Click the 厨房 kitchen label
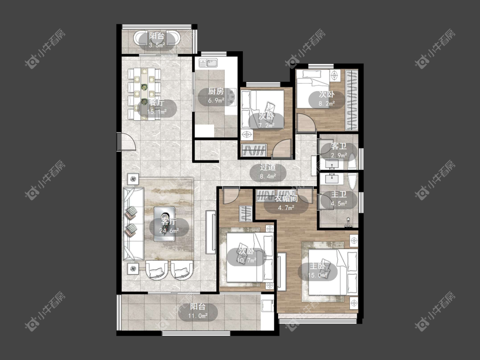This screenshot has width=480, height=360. coord(216,96)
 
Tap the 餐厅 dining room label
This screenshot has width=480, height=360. coord(157,107)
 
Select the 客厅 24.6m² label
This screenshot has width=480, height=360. coord(169,226)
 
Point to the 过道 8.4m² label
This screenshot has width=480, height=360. coord(268,172)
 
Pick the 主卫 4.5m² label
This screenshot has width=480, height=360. coord(339,199)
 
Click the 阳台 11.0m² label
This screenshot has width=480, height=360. coord(198,311)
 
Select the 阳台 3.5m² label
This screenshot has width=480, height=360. coord(157,41)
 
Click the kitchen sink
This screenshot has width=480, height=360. coord(208,63)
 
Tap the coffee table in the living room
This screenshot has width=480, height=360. coord(164,224)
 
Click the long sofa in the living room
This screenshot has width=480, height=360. coord(133,224)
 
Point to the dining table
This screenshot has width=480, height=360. coord(144,94)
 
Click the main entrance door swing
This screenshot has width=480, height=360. coord(126,142)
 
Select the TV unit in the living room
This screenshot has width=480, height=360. coord(211,232)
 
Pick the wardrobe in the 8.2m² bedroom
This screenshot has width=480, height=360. coord(352,100)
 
